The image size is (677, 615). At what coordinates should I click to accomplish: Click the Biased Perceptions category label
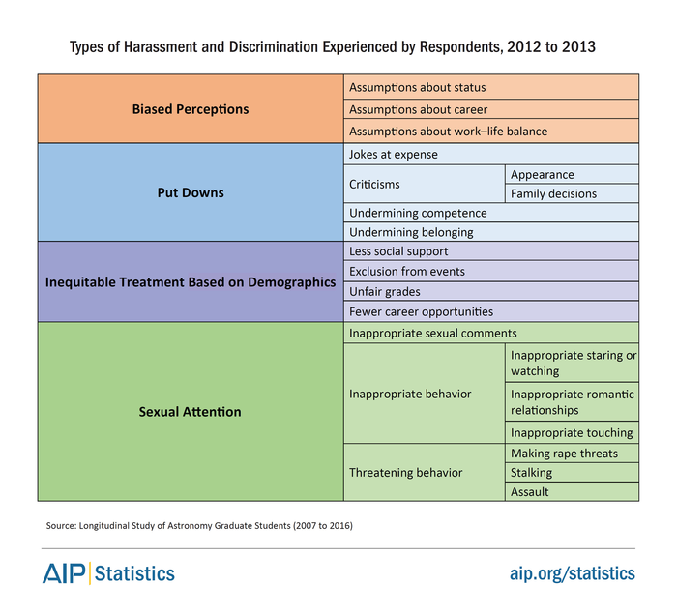pos(191,109)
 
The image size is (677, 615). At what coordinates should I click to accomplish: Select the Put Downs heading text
pos(191,192)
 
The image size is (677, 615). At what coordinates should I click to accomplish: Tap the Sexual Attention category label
pos(190,412)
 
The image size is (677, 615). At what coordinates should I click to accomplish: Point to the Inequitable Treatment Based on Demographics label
pos(191,281)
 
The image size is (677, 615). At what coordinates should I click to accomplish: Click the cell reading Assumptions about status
pos(491,87)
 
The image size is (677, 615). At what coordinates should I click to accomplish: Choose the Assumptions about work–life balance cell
pos(491,132)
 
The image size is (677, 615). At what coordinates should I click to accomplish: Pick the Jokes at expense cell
pos(491,154)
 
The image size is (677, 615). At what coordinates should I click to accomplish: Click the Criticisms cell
pos(425,184)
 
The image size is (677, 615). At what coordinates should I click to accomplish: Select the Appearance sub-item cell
pos(573,174)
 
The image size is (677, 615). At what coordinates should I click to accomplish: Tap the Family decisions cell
pos(573,193)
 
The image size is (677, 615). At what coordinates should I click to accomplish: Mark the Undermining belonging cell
pos(491,232)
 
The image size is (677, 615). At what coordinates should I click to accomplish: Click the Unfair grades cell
pos(491,292)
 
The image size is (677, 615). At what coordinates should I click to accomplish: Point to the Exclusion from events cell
pos(491,271)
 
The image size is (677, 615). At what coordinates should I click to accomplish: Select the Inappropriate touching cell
pos(573,432)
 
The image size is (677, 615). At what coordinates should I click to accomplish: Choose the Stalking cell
pos(573,473)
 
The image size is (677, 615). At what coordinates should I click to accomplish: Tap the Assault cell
pos(573,491)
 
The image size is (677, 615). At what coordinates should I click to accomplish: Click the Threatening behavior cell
pos(425,473)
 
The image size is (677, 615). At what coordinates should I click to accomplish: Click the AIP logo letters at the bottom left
pos(64,573)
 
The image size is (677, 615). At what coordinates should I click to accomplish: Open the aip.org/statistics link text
pos(573,573)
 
